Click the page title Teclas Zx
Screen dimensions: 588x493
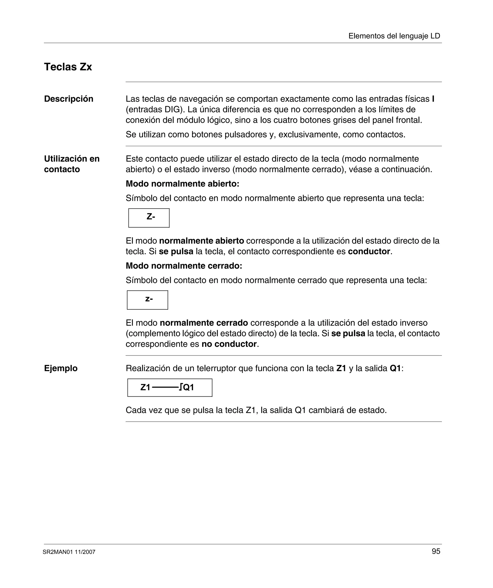pos(68,67)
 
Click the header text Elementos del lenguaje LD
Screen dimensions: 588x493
pos(394,36)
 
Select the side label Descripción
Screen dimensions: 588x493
pos(69,99)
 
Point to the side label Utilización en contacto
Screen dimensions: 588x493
pos(72,164)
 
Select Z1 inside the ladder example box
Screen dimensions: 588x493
pos(145,388)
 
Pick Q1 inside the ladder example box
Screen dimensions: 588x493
pos(188,388)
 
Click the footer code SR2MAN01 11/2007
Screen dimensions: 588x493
pos(69,552)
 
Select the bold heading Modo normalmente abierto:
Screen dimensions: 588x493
pos(182,184)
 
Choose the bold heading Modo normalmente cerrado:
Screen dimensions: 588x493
pos(184,266)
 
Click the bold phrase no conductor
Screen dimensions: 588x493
pos(229,344)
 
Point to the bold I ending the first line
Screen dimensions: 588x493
pos(433,99)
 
